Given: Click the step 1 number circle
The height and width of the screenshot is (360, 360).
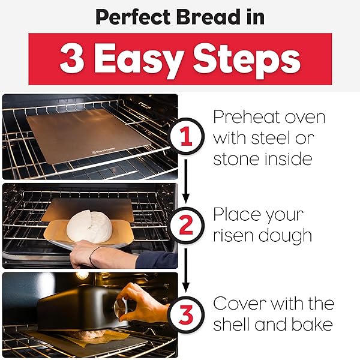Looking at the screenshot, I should pos(187,137).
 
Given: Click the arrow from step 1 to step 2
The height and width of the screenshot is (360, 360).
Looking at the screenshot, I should pos(187,181).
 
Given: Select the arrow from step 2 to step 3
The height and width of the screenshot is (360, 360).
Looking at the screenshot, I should pos(187,268).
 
